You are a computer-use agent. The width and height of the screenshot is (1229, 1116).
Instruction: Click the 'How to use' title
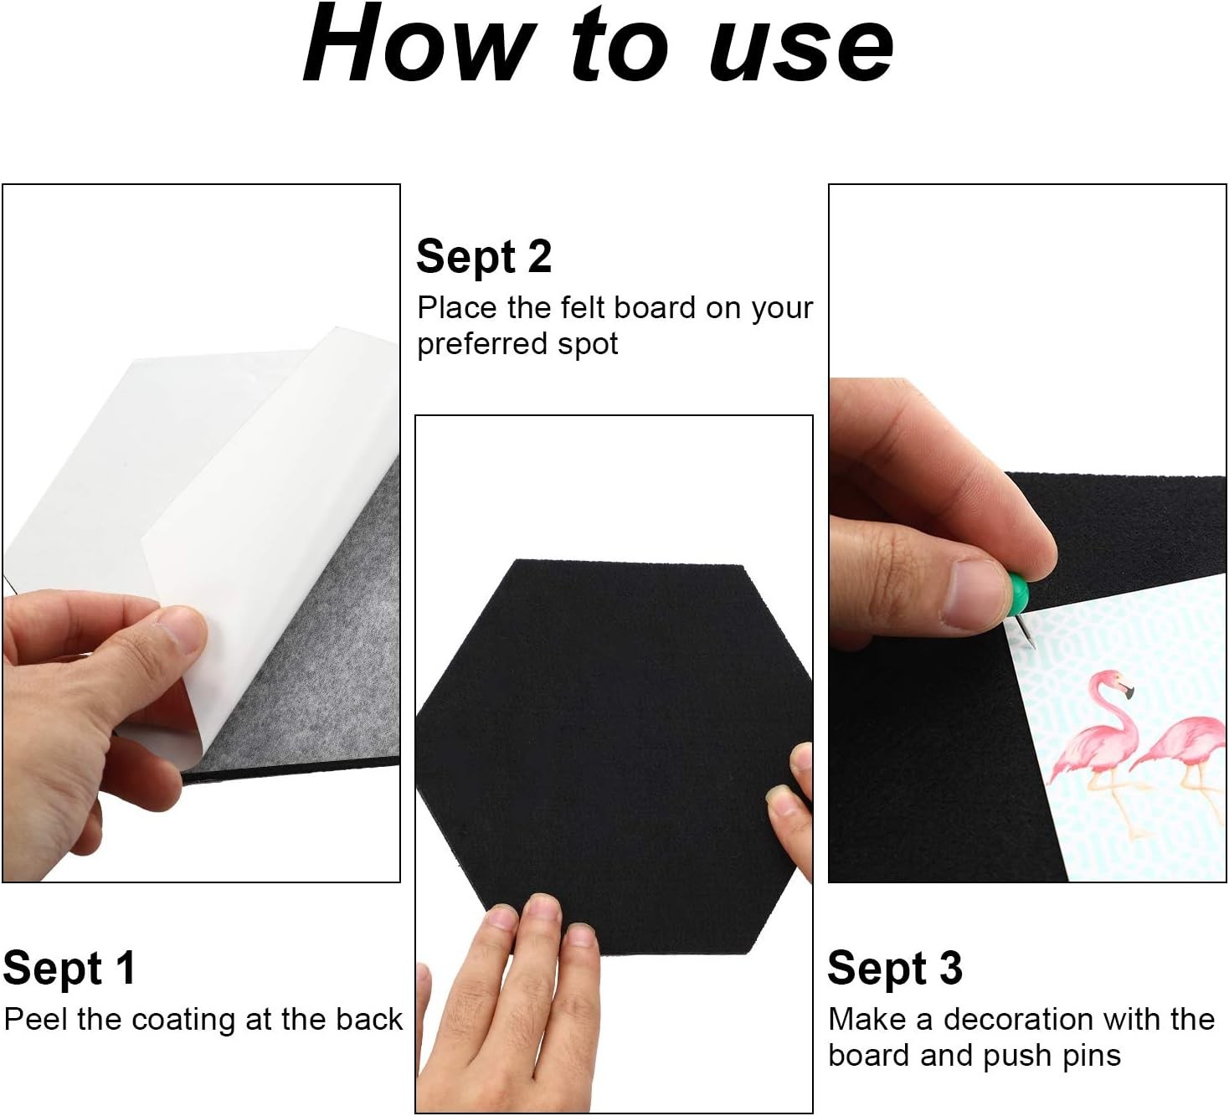coord(598,45)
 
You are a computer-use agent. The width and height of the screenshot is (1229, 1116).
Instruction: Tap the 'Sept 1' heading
coord(69,969)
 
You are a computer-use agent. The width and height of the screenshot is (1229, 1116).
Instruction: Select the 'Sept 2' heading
coord(484,257)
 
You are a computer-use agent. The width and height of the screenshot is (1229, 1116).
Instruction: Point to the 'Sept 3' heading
coord(894,969)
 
